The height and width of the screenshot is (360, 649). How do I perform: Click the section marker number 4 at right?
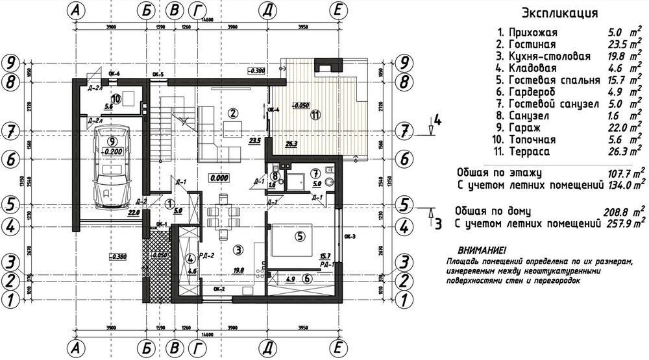click(x=437, y=120)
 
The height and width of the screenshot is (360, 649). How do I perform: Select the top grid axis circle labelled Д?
click(x=266, y=11)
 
